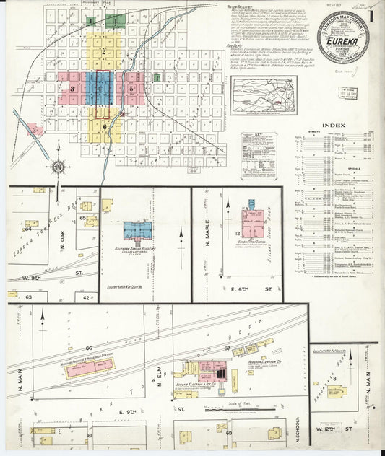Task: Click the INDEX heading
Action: pyautogui.click(x=334, y=125)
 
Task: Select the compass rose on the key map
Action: pyautogui.click(x=56, y=167)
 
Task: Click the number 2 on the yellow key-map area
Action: pyautogui.click(x=104, y=52)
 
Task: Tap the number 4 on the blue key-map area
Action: pyautogui.click(x=100, y=89)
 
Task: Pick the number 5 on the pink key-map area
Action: pyautogui.click(x=131, y=89)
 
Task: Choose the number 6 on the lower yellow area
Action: pyautogui.click(x=105, y=126)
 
